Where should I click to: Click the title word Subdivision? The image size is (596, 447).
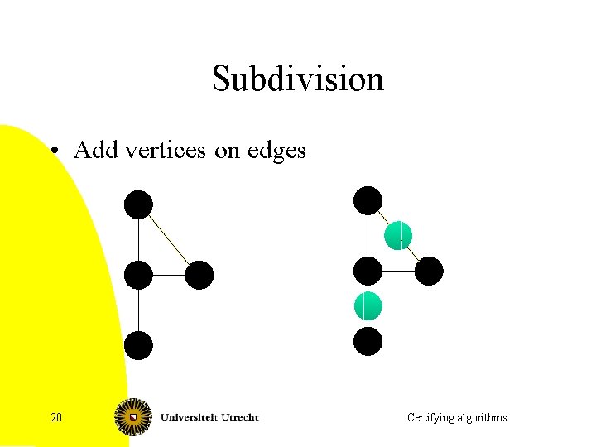pos(298,79)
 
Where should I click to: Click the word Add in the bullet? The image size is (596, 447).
pos(94,150)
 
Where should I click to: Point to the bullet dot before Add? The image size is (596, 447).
pos(54,151)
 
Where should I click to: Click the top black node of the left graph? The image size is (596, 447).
pos(139,204)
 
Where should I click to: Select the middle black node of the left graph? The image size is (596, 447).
pos(139,275)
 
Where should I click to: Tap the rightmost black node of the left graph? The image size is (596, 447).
pos(199,275)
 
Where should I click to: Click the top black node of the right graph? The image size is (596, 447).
pos(368,200)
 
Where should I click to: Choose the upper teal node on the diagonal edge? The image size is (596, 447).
pos(398,235)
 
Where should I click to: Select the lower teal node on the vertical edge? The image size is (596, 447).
pos(368,306)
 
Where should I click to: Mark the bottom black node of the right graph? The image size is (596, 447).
pos(368,341)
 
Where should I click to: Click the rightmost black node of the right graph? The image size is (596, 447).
pos(429,271)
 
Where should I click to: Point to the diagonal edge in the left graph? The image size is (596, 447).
pos(170,240)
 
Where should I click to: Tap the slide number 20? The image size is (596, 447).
pos(56,417)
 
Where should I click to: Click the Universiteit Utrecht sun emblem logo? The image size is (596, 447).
pos(133,416)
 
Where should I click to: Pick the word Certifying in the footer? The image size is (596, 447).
pos(430,418)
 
